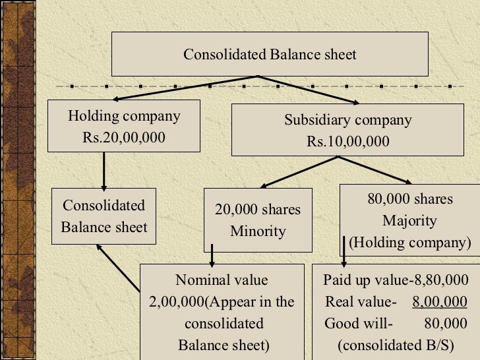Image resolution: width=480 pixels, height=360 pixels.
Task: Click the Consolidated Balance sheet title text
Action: pos(270,54)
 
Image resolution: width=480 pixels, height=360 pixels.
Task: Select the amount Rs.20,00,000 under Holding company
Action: pos(124,138)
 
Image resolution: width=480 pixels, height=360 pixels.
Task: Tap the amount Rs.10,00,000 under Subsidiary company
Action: pos(347,142)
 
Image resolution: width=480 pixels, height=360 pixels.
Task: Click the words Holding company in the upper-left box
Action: pos(124,117)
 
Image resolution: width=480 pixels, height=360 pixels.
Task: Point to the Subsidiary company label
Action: pos(347,120)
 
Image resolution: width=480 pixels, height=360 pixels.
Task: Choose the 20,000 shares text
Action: pos(257,210)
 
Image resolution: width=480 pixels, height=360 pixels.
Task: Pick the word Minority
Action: pos(258,231)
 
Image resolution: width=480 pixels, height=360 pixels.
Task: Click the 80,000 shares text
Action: pos(410,199)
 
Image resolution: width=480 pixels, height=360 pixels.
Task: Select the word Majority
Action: pos(410,220)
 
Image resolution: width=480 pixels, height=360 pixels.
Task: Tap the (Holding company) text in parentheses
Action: pos(410,243)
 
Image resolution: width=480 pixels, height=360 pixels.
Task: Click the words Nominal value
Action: pos(222,280)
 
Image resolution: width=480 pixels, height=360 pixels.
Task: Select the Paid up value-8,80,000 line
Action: pos(396,280)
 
